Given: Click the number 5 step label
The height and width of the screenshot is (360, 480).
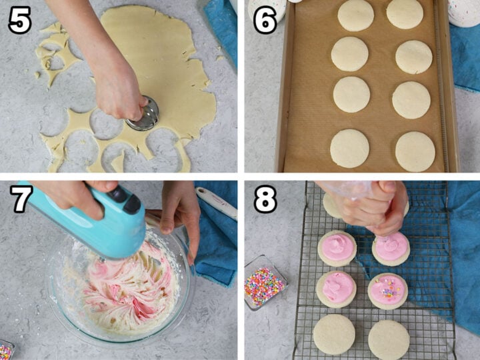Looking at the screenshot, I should (x=20, y=21).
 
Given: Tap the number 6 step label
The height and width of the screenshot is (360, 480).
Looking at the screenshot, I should (x=264, y=21).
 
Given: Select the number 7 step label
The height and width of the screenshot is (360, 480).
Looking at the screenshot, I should (x=20, y=199).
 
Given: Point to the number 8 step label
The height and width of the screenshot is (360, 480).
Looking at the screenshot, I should (x=265, y=199).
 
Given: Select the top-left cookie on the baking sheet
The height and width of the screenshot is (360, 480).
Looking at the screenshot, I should (x=355, y=15).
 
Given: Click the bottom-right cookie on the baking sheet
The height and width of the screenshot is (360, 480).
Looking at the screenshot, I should (x=415, y=151).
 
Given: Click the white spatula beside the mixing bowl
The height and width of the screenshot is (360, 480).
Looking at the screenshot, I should (x=216, y=203).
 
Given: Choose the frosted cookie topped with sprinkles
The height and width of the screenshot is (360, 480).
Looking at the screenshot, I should (x=388, y=291).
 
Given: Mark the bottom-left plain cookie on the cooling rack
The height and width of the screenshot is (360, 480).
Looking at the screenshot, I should (x=334, y=333).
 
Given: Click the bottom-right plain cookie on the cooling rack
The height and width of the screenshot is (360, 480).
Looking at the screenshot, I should (x=389, y=339).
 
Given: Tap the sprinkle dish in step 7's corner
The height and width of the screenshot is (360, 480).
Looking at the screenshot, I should (x=6, y=349).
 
